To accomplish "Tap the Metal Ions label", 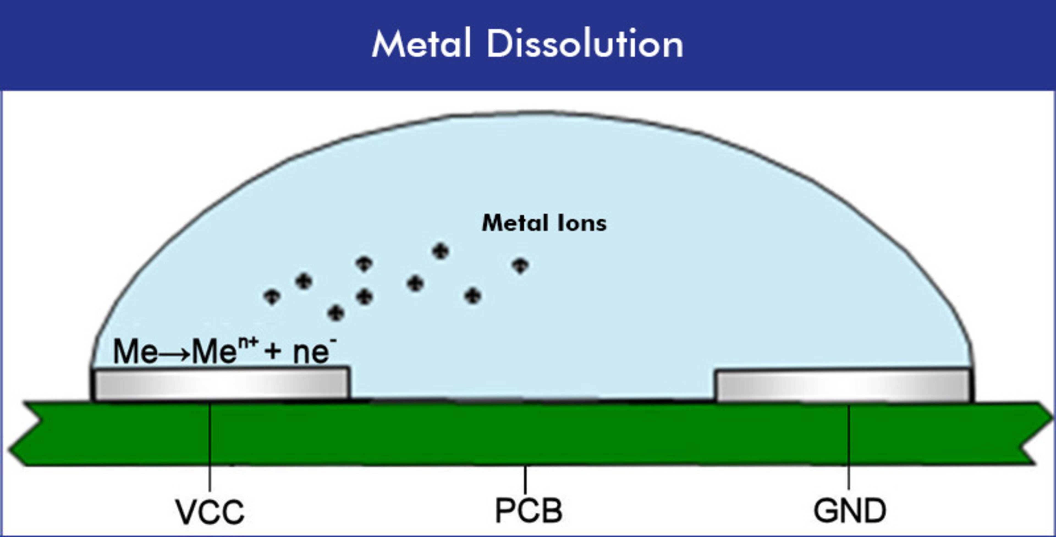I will [544, 224].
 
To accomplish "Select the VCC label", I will [210, 512].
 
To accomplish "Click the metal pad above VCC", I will [221, 384].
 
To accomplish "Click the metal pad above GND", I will [842, 385].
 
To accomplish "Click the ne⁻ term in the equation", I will [313, 352].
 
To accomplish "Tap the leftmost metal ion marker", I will [272, 297].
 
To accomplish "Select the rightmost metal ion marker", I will [520, 266].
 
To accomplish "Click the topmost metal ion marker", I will [441, 251].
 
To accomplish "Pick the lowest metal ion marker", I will [336, 313].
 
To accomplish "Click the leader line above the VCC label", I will [210, 447].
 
